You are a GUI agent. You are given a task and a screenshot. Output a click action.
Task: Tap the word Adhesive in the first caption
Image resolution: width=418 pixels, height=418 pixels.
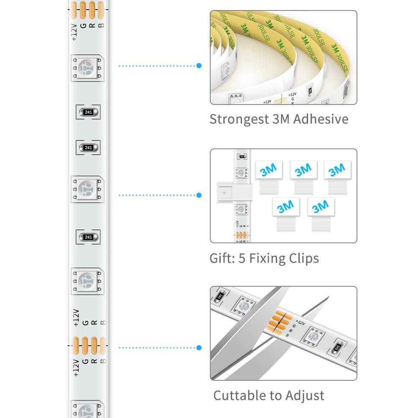coord(321,119)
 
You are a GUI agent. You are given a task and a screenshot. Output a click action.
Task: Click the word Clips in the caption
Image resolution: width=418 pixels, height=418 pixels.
coord(302,259)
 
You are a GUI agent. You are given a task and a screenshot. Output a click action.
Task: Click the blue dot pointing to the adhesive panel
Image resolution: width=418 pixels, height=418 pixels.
coord(199,66)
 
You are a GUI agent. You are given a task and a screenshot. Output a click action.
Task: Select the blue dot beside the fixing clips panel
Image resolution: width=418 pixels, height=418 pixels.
coord(199,195)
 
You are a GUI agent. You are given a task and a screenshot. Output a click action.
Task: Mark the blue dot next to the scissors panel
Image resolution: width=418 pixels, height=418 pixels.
coord(199,348)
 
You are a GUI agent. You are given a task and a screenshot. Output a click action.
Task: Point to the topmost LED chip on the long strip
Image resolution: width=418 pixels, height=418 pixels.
coord(87,67)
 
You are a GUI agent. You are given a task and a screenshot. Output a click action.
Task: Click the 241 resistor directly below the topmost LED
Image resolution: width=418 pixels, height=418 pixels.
coord(88,112)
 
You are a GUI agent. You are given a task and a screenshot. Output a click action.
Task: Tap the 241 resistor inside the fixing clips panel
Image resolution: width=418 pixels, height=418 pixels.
coord(241,156)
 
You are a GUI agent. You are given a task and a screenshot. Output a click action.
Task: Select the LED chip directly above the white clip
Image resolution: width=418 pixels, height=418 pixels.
coord(241,173)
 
